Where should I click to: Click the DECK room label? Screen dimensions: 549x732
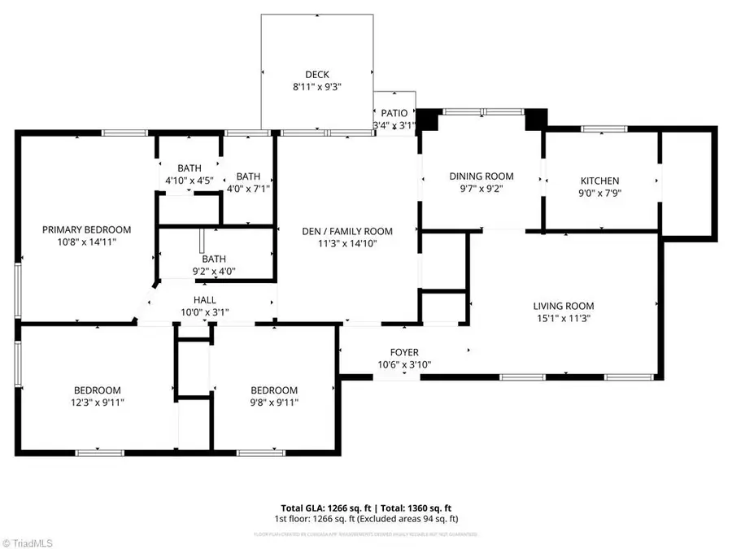[x=317, y=75]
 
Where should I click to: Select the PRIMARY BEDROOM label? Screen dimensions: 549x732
[x=86, y=229]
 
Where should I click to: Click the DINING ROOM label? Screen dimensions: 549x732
[x=481, y=176]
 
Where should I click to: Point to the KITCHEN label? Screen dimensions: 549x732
[x=599, y=181]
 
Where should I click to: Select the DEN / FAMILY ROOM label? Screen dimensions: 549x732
[x=347, y=230]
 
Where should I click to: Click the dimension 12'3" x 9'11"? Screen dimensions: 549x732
[x=98, y=402]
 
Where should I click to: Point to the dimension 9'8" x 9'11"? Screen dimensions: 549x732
[x=273, y=402]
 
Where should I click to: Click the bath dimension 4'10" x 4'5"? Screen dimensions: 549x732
[x=189, y=180]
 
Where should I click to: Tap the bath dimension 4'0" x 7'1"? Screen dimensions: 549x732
[x=248, y=188]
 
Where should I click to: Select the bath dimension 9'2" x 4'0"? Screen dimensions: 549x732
[x=214, y=270]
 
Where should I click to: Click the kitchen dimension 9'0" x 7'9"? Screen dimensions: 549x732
[x=599, y=193]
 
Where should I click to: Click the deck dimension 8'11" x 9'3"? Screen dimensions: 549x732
[x=317, y=87]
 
